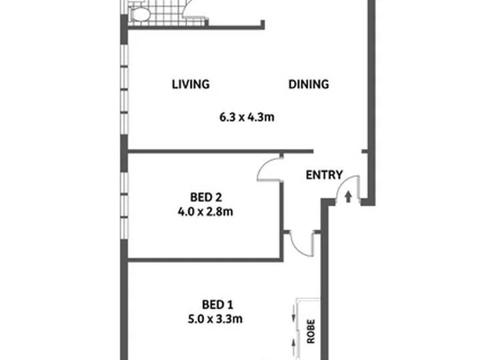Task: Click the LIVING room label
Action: click(191, 84)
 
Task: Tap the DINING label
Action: click(309, 84)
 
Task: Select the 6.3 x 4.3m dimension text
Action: click(247, 117)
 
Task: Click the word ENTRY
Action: click(324, 175)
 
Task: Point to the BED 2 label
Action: click(206, 197)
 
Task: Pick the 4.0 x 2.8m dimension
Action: click(205, 211)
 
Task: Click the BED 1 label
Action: click(217, 305)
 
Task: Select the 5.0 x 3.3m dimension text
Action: click(215, 319)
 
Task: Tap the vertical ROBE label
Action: click(311, 331)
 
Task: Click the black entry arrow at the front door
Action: click(348, 197)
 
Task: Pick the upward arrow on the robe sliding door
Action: click(293, 346)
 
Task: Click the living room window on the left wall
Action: click(124, 89)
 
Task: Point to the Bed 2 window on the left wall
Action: click(124, 206)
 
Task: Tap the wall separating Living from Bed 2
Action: click(220, 151)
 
